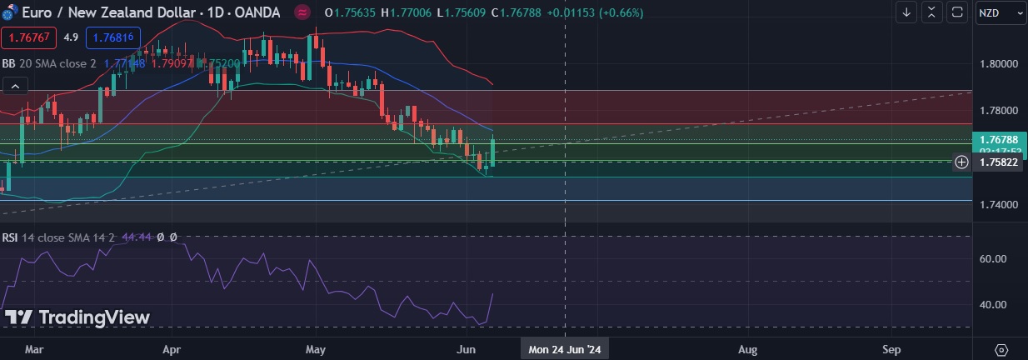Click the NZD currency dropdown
(x=1000, y=12)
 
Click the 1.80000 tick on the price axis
(x=999, y=63)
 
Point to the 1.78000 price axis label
(x=999, y=110)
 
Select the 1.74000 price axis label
(x=999, y=204)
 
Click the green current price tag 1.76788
(x=999, y=140)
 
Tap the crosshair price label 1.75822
(x=999, y=162)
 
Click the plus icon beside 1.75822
(x=961, y=162)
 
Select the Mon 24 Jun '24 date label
(x=565, y=350)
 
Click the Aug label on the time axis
(x=748, y=350)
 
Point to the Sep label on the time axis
(x=891, y=350)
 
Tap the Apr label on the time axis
(x=172, y=350)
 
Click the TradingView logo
(x=77, y=317)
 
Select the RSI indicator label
(x=10, y=237)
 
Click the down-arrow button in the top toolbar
(x=906, y=12)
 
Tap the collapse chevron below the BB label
(x=14, y=85)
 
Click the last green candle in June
(x=494, y=152)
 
